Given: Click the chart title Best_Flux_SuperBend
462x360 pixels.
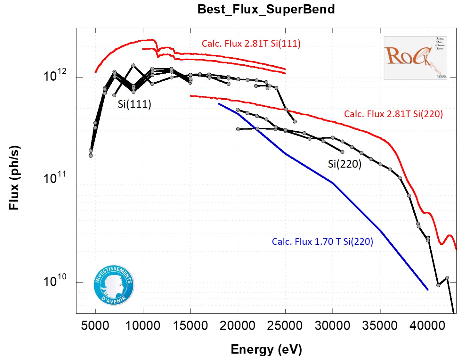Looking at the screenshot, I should (x=266, y=9).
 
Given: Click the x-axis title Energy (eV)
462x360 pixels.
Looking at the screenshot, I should (x=266, y=349).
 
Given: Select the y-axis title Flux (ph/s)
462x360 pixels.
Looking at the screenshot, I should (x=14, y=178).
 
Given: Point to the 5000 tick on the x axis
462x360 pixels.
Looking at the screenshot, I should (x=95, y=325).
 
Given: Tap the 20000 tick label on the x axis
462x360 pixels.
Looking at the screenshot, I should (x=238, y=325).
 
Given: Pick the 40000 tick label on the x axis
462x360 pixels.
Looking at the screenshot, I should (x=427, y=325).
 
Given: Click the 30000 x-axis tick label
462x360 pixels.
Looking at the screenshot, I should (x=333, y=325).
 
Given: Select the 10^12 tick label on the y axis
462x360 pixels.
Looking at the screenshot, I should (x=55, y=76).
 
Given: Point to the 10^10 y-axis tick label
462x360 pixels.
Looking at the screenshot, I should (x=55, y=281).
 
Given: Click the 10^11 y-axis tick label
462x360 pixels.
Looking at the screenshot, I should (x=55, y=178).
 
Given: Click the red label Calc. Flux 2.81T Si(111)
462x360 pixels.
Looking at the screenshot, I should (x=251, y=44).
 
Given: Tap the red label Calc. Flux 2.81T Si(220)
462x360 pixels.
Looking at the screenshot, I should (x=393, y=114).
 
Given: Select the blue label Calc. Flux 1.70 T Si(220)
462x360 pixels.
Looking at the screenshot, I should (x=322, y=241).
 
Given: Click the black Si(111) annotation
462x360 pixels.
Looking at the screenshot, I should (x=134, y=104).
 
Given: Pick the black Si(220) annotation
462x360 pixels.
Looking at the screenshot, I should (x=345, y=164).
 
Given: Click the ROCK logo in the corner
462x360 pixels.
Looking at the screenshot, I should (x=415, y=58).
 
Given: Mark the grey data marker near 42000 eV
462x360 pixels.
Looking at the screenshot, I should (x=447, y=278).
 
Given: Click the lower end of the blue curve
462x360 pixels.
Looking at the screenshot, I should (x=427, y=290).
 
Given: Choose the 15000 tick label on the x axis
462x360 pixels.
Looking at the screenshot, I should (x=190, y=325).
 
